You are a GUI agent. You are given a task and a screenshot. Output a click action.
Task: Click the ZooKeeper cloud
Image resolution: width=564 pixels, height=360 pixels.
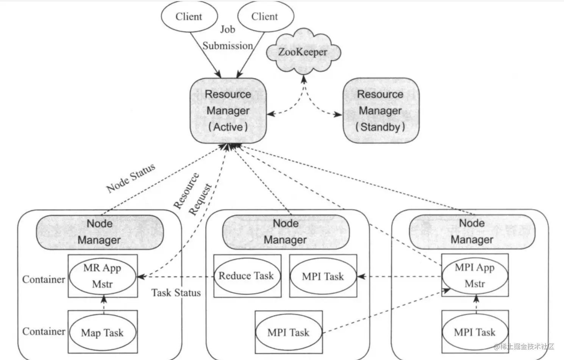click(303, 52)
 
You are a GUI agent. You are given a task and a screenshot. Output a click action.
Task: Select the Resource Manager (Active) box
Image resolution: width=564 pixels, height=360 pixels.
click(228, 111)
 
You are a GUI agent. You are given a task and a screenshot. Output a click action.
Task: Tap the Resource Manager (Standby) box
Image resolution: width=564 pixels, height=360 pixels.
click(381, 111)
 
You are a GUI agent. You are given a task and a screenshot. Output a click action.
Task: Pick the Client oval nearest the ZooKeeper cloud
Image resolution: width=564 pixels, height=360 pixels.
click(265, 17)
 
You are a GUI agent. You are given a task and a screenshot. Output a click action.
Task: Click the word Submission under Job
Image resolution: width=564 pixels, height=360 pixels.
click(228, 46)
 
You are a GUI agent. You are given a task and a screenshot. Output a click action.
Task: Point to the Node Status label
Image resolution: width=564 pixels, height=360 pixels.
click(131, 178)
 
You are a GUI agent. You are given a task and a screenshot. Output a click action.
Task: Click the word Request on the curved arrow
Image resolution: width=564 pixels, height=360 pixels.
click(200, 199)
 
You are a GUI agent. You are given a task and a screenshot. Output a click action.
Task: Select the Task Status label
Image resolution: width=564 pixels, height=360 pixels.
click(176, 293)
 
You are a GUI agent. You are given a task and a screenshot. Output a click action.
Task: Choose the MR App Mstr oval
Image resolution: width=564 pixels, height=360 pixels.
click(102, 276)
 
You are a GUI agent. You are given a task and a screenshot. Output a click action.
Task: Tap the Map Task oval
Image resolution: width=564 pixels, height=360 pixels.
click(102, 333)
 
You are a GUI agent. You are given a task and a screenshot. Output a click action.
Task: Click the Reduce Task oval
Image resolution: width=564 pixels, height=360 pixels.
click(246, 276)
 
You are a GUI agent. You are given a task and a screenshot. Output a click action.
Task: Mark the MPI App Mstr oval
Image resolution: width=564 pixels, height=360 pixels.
click(475, 275)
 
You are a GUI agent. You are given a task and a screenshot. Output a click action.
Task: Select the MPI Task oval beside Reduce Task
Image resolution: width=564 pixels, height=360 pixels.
click(323, 276)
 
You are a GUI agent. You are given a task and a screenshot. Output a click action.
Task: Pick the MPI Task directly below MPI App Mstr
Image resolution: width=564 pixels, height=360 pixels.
click(475, 332)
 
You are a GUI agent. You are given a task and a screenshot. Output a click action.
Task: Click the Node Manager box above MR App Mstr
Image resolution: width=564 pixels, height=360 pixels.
click(100, 232)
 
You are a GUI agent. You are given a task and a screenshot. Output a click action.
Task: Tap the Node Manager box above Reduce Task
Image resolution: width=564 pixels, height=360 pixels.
click(286, 232)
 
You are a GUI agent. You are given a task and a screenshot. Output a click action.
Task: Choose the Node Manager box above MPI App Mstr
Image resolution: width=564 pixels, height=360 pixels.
click(472, 231)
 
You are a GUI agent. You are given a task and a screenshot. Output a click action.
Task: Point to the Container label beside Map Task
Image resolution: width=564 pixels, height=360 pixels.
click(44, 332)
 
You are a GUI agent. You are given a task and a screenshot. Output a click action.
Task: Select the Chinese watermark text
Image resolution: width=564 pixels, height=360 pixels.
click(524, 346)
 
